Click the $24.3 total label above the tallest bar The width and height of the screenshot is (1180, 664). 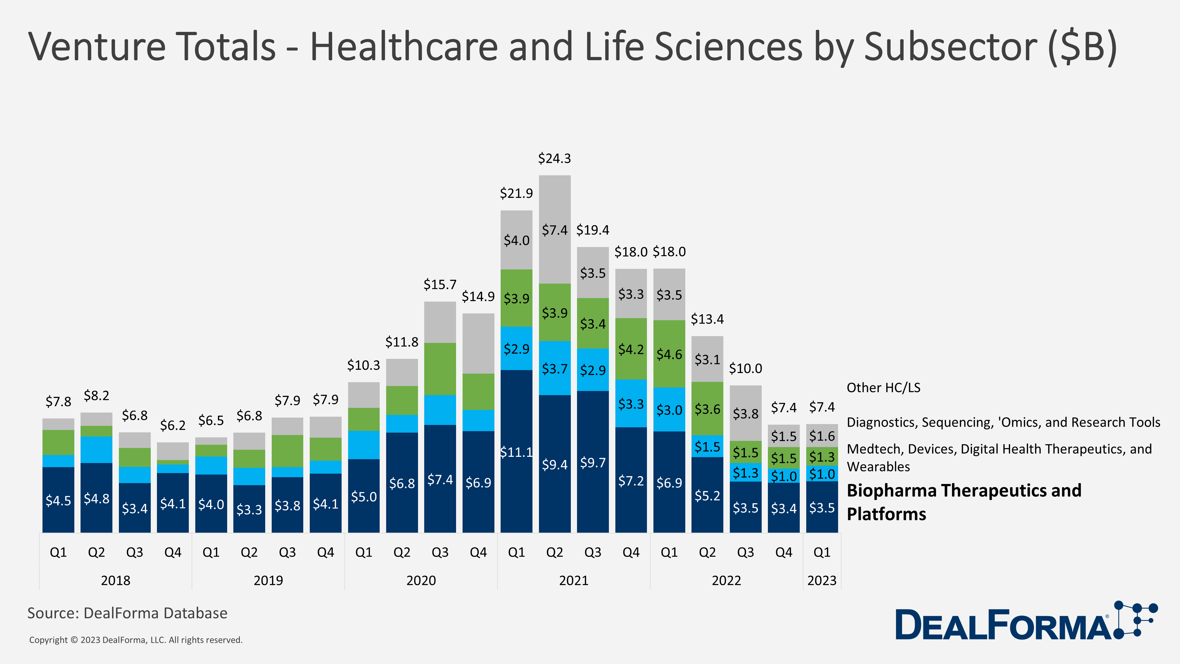tap(554, 158)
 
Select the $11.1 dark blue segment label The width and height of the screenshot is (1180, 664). tap(516, 452)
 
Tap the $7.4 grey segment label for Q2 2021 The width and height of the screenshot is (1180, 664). tap(554, 230)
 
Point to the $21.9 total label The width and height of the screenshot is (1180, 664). tap(516, 193)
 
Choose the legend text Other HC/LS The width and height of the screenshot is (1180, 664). tap(883, 388)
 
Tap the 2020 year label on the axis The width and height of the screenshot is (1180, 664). tap(421, 580)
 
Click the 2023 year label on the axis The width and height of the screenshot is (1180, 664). tap(822, 580)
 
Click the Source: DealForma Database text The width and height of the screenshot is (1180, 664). tap(127, 613)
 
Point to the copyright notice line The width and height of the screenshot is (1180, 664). tap(136, 640)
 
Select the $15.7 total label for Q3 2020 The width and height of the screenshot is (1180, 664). tap(440, 284)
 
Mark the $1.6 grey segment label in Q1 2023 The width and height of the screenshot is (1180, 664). tap(822, 436)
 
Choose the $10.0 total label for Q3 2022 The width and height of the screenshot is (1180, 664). tap(745, 368)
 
